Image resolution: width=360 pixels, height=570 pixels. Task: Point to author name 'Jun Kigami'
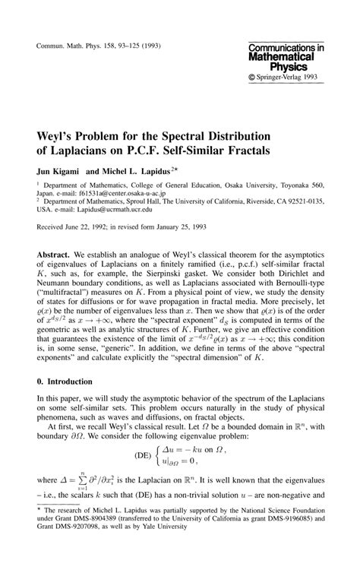coord(58,171)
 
